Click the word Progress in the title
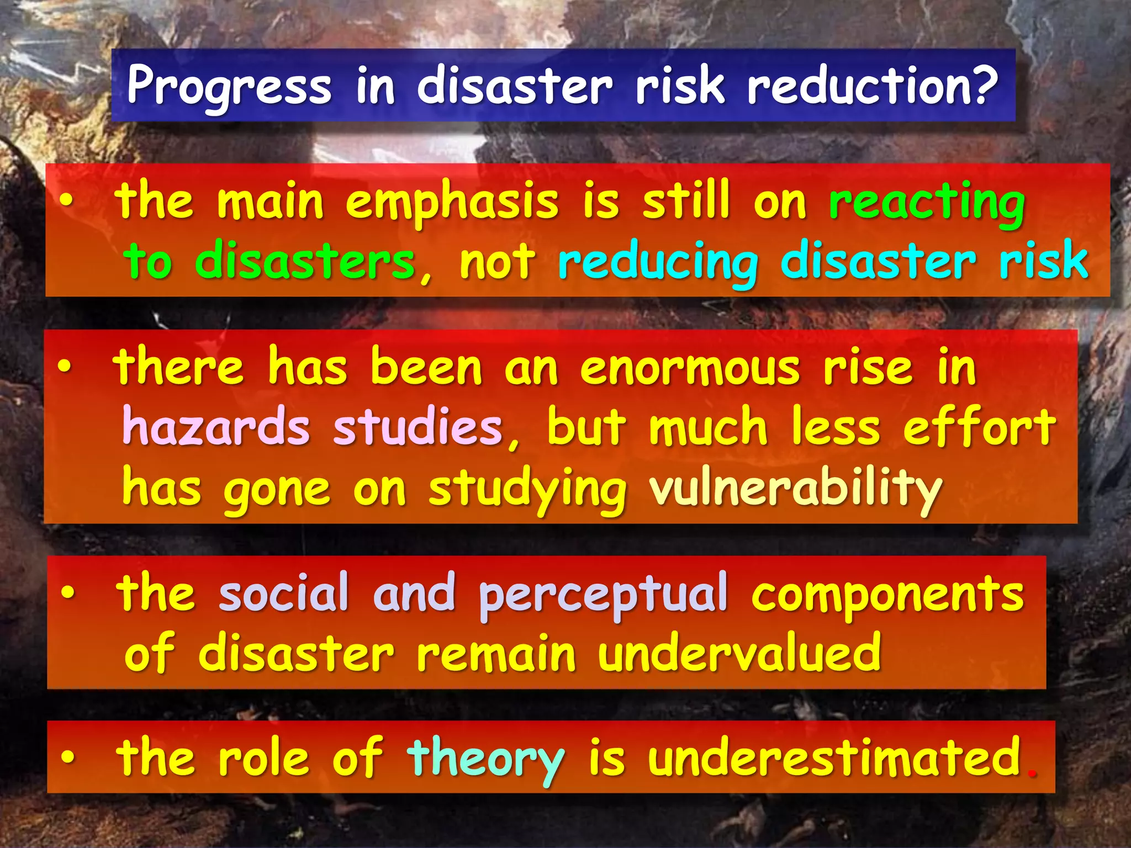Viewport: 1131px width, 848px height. [x=229, y=86]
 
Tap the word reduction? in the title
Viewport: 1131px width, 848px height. [x=873, y=86]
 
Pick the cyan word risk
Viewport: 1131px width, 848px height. [x=1043, y=261]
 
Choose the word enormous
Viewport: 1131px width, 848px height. [x=690, y=369]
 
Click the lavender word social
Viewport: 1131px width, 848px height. [x=284, y=593]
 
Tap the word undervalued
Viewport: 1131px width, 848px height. [x=739, y=653]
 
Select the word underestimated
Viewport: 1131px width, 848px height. [x=834, y=757]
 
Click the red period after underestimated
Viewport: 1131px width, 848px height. [x=1030, y=773]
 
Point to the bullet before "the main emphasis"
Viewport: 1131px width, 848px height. [x=66, y=203]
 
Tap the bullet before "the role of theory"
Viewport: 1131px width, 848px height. [x=67, y=758]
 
